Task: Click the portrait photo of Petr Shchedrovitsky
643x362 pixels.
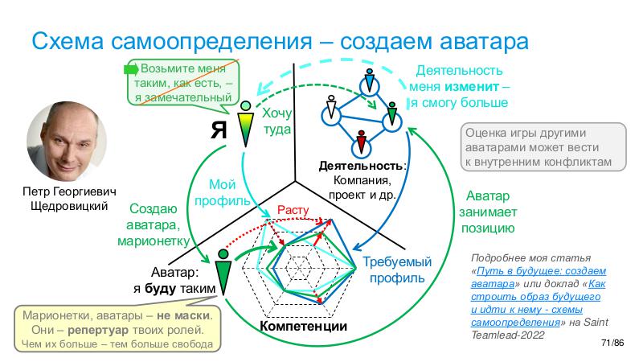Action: (x=63, y=145)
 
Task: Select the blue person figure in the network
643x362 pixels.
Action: (x=369, y=82)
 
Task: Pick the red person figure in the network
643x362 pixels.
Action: (x=362, y=141)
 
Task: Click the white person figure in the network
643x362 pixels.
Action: (x=330, y=109)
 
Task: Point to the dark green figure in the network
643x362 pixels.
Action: (x=391, y=113)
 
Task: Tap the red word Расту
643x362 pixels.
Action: (x=293, y=210)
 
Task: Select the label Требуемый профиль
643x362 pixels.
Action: (x=392, y=270)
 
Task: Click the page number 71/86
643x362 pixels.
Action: (x=612, y=343)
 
